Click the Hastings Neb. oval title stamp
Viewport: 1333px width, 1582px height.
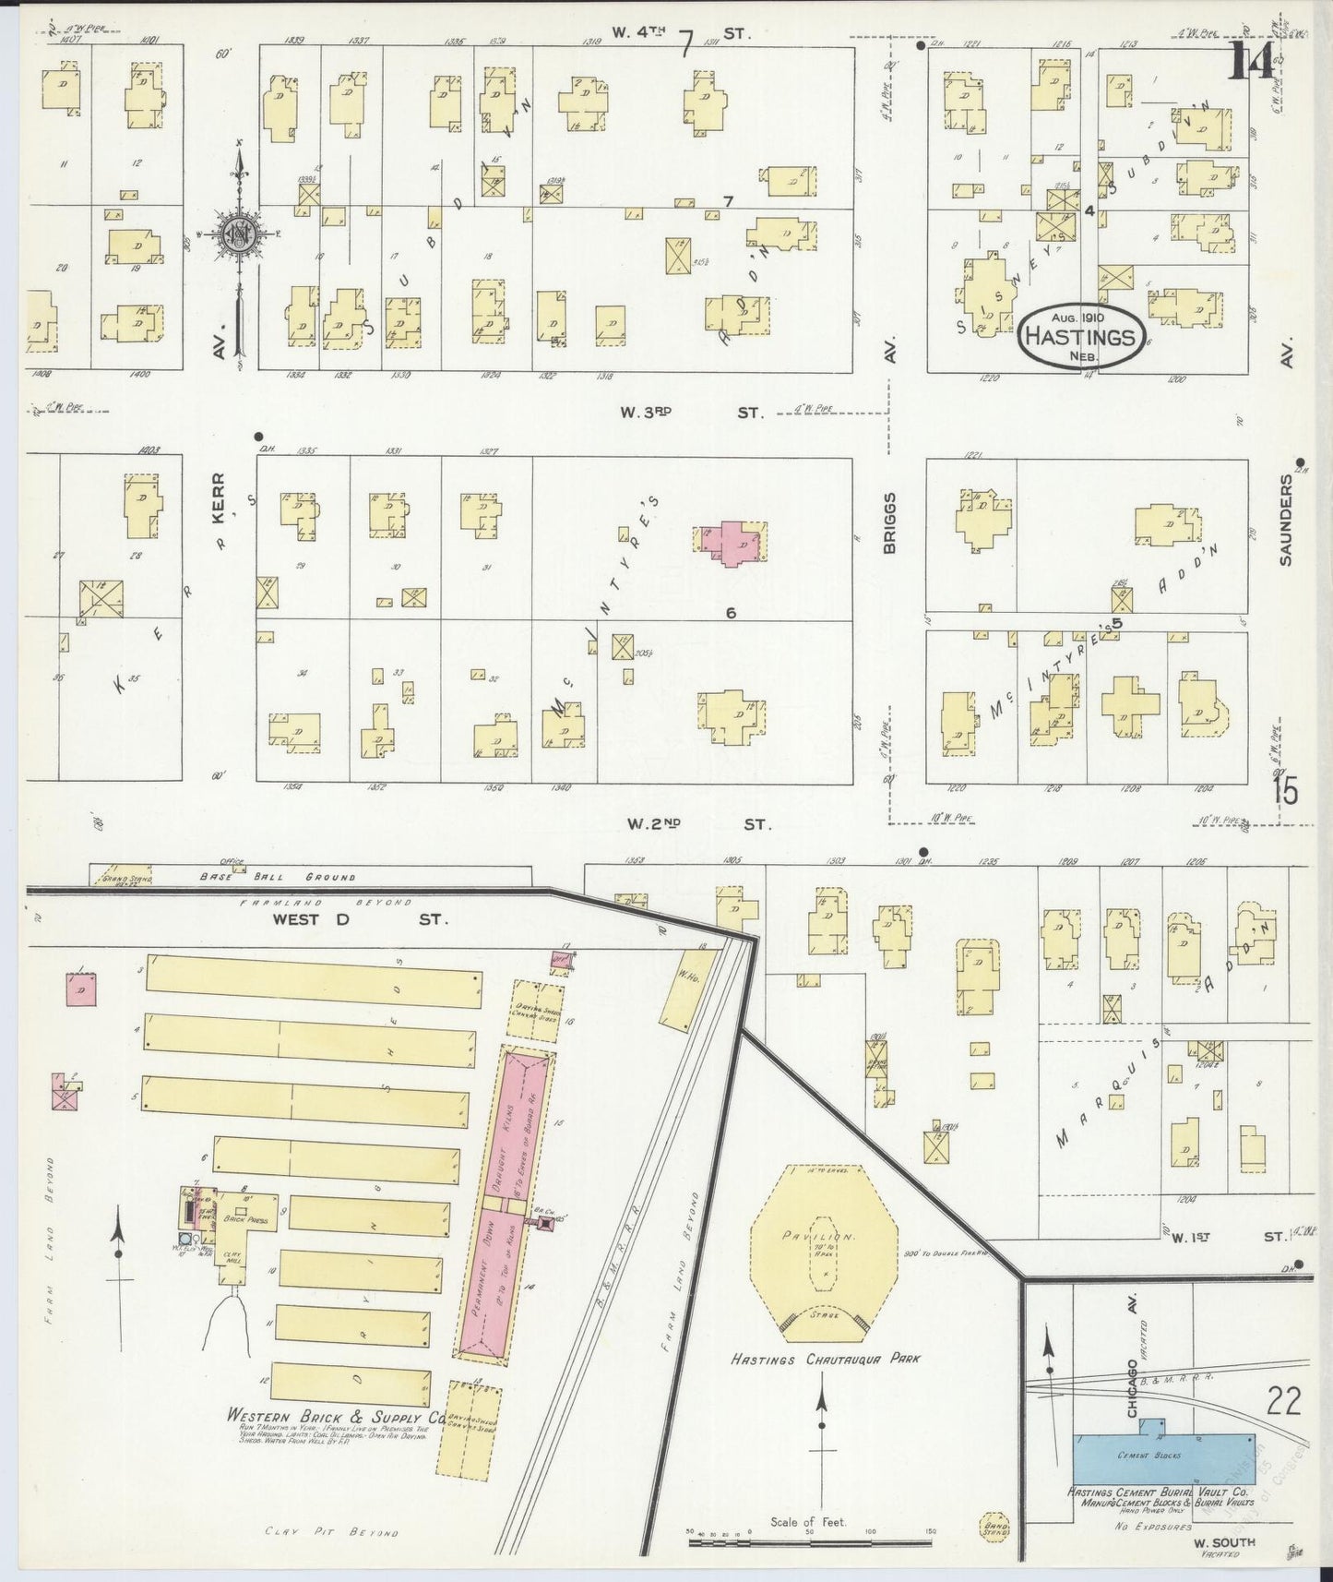(1082, 337)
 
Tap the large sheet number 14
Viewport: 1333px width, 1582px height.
(1252, 63)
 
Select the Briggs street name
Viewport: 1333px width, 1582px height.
(889, 522)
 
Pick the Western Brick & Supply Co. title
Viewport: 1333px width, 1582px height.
(339, 1417)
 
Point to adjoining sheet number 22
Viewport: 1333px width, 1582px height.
(1283, 1402)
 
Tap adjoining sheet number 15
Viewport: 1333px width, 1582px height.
(1285, 790)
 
